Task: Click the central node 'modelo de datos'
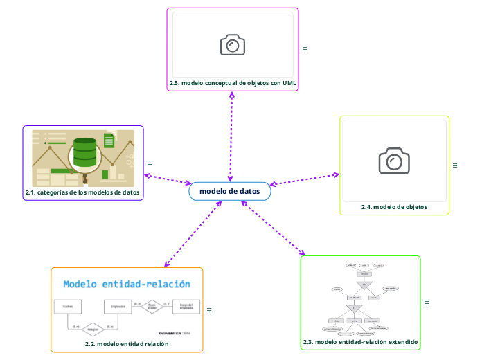[x=230, y=191]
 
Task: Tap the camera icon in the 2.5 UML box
[x=233, y=45]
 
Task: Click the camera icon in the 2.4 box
[x=394, y=161]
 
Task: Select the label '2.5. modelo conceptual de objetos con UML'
[x=233, y=83]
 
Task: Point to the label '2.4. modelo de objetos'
[x=394, y=206]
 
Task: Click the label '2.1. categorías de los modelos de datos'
[x=82, y=192]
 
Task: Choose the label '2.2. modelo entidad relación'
[x=127, y=343]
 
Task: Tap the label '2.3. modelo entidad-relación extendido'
[x=360, y=342]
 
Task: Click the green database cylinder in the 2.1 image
[x=85, y=153]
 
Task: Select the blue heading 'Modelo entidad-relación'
[x=127, y=284]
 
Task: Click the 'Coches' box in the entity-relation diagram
[x=69, y=305]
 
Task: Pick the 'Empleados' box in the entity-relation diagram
[x=117, y=305]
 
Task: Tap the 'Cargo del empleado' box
[x=186, y=305]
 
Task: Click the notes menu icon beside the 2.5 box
[x=305, y=49]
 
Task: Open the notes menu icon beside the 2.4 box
[x=455, y=165]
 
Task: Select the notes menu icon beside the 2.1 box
[x=150, y=163]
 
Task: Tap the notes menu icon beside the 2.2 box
[x=209, y=310]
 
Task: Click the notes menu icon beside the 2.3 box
[x=427, y=303]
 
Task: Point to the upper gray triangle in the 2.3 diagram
[x=360, y=285]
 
